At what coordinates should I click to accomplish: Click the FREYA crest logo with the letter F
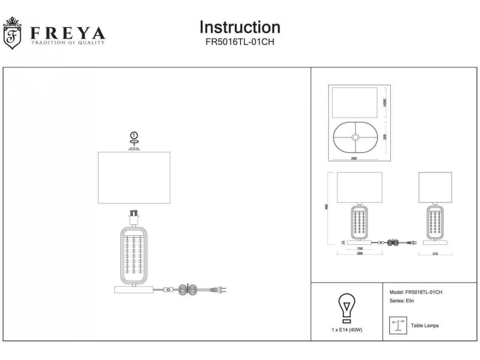click(x=12, y=33)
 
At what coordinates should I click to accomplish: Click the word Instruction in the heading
click(x=240, y=27)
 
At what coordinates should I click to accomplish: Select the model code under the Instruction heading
click(x=240, y=42)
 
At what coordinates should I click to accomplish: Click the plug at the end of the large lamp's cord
click(x=222, y=289)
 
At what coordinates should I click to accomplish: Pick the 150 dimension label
click(x=360, y=248)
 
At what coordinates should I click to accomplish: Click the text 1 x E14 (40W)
click(x=346, y=330)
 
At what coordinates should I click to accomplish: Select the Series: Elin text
click(x=402, y=301)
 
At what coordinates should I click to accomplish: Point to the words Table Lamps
click(x=425, y=326)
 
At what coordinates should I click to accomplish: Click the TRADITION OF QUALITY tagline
click(x=68, y=42)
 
